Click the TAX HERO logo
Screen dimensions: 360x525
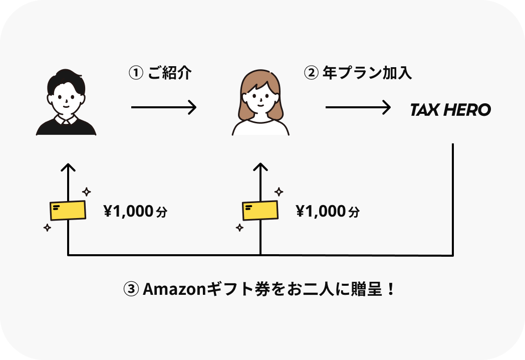[450, 110]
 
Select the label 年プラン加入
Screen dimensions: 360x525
[367, 73]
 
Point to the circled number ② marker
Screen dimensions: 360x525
[311, 73]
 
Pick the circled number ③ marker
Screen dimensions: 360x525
[131, 289]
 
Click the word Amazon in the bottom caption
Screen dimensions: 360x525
[170, 289]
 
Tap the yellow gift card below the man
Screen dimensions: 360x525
[68, 211]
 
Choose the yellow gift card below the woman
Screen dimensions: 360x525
[260, 211]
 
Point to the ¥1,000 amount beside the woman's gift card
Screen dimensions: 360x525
[321, 212]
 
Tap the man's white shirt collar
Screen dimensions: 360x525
[66, 120]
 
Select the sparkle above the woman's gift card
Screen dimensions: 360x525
[279, 192]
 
